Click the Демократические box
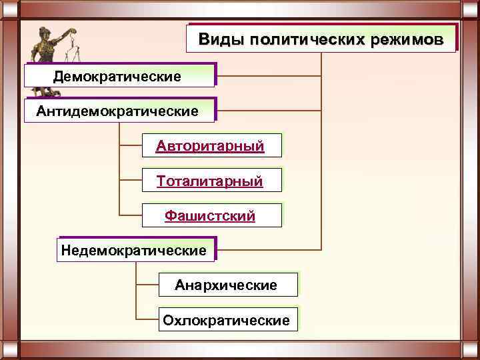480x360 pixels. click(x=119, y=76)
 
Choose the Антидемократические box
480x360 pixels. click(x=119, y=111)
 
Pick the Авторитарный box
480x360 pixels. click(x=211, y=145)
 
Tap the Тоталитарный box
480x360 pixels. click(x=211, y=181)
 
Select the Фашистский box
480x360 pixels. click(x=211, y=216)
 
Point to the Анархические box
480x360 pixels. click(x=227, y=285)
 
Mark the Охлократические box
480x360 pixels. click(x=227, y=321)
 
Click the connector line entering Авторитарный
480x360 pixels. click(x=131, y=145)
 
